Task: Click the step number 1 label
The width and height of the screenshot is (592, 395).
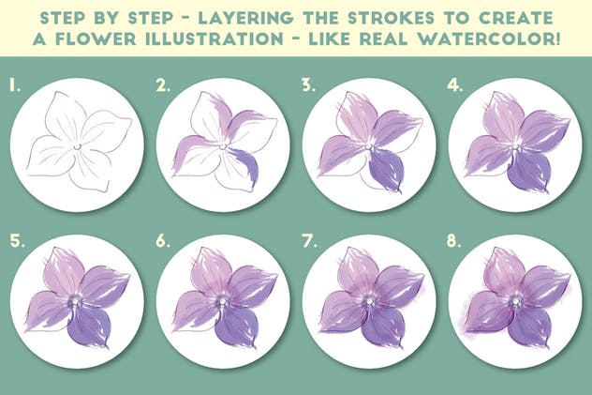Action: point(15,85)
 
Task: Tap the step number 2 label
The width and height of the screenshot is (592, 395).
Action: point(163,85)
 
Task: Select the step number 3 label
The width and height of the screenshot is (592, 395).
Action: point(308,85)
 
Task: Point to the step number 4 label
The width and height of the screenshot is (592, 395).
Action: point(454,85)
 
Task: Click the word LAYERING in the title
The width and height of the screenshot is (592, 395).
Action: point(245,18)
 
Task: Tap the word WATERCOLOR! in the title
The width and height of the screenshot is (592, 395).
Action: point(490,38)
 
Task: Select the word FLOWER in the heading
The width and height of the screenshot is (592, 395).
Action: point(96,38)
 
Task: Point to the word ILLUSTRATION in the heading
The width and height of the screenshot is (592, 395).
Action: point(215,38)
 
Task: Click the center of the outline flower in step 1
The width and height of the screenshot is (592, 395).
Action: point(77,146)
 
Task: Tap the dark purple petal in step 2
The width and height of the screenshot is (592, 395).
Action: point(244,165)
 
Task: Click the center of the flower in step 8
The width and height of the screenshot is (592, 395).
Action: point(513,301)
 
